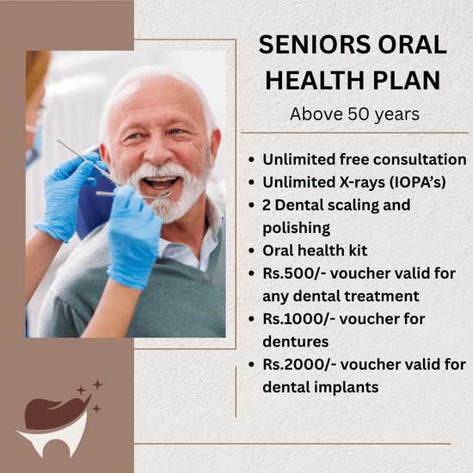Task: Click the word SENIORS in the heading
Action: pyautogui.click(x=315, y=45)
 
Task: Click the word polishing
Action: pyautogui.click(x=296, y=229)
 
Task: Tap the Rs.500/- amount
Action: pyautogui.click(x=294, y=273)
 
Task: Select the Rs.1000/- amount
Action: pyautogui.click(x=298, y=319)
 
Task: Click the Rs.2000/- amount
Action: pyautogui.click(x=299, y=365)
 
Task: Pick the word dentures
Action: pyautogui.click(x=296, y=341)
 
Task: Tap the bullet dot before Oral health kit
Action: pyautogui.click(x=252, y=250)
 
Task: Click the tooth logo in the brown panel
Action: pyautogui.click(x=53, y=426)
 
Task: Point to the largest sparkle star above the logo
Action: pyautogui.click(x=97, y=384)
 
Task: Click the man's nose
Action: pyautogui.click(x=157, y=153)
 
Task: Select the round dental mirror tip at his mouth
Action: pyautogui.click(x=163, y=194)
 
